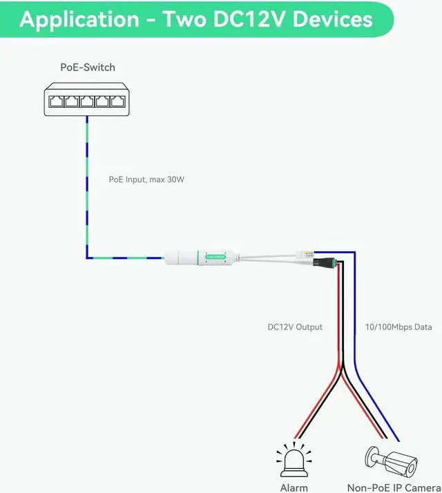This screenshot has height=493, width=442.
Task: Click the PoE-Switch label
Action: (x=88, y=67)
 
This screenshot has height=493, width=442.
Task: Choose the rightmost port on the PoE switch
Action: (x=121, y=101)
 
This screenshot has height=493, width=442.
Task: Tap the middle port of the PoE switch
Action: (x=87, y=101)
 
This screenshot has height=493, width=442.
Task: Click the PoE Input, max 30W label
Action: (x=146, y=180)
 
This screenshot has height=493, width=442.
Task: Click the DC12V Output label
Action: (x=295, y=327)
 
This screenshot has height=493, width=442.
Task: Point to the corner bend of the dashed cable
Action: (x=87, y=258)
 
